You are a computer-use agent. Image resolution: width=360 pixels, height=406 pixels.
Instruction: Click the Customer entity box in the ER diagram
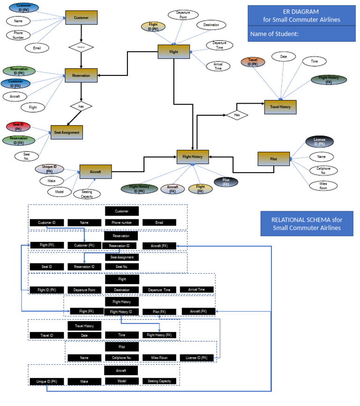[81, 18]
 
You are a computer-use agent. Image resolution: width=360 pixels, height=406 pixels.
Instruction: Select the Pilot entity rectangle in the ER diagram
[274, 158]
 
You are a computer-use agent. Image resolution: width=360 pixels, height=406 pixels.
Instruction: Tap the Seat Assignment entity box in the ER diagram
[67, 133]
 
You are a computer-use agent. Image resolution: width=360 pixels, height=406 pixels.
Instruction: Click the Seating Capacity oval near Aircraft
[87, 194]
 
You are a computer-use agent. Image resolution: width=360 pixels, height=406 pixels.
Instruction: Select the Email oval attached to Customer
[37, 47]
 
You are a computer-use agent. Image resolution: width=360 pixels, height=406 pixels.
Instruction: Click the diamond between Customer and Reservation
[81, 47]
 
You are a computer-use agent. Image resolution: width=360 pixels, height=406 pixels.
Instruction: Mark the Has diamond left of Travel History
[237, 114]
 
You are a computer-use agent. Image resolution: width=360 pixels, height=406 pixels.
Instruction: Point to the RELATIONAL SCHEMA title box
[307, 224]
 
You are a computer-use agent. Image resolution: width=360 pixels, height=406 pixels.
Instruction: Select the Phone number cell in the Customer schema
[121, 223]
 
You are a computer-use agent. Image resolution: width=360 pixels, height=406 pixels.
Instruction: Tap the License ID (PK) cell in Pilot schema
[196, 358]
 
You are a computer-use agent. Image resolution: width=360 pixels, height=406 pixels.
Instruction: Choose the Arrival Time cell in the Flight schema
[196, 290]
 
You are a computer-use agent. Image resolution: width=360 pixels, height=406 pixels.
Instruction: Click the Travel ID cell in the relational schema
[46, 335]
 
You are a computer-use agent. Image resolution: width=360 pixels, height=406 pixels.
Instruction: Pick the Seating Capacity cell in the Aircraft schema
[159, 381]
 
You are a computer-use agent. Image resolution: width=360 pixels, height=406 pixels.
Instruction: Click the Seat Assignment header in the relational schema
[121, 257]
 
